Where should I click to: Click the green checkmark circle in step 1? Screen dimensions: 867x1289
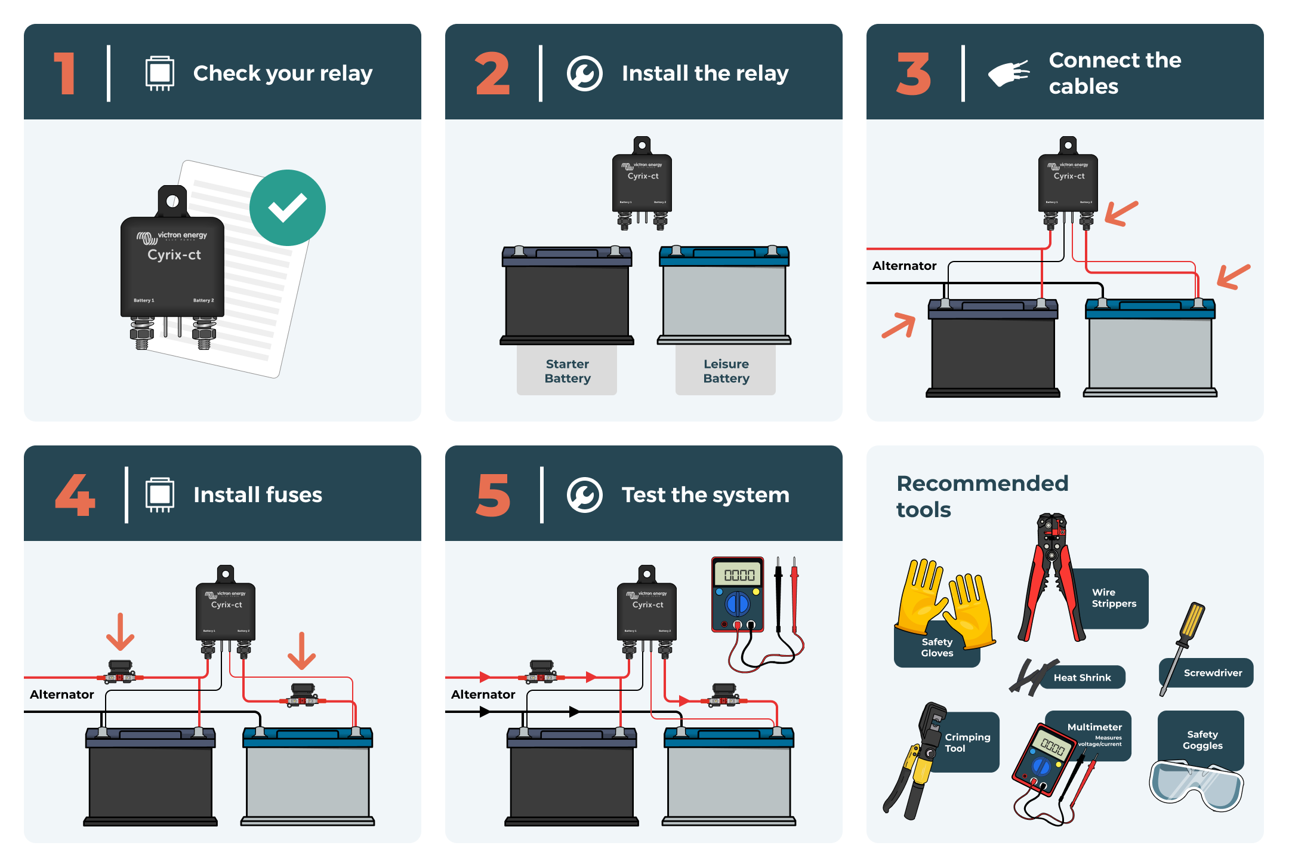click(x=288, y=208)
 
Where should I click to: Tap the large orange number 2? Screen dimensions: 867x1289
click(x=492, y=74)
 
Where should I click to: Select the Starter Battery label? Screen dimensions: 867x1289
click(x=567, y=371)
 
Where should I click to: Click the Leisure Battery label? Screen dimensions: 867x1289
click(x=726, y=371)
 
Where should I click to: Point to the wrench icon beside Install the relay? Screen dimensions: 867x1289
click(x=584, y=74)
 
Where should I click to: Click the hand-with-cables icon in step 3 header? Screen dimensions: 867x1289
click(x=1009, y=74)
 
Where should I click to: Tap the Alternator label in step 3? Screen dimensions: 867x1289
click(x=904, y=266)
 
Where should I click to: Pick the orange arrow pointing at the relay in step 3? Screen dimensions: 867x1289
click(x=1121, y=213)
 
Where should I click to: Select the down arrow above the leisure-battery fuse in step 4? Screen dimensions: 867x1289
click(x=301, y=651)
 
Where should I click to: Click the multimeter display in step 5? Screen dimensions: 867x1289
click(x=739, y=575)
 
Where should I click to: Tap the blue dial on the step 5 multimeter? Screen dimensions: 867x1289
click(x=738, y=604)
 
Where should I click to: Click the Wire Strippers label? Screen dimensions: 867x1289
click(x=1114, y=598)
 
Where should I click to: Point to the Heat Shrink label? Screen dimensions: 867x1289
click(x=1082, y=678)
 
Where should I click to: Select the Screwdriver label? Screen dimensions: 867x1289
click(x=1212, y=673)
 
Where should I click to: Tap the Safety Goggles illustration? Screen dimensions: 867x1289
click(x=1196, y=785)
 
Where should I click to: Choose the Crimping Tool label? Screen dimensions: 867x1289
click(x=967, y=742)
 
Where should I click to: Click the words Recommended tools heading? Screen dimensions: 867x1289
click(x=982, y=496)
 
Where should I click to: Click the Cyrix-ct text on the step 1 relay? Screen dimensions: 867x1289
click(x=174, y=255)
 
